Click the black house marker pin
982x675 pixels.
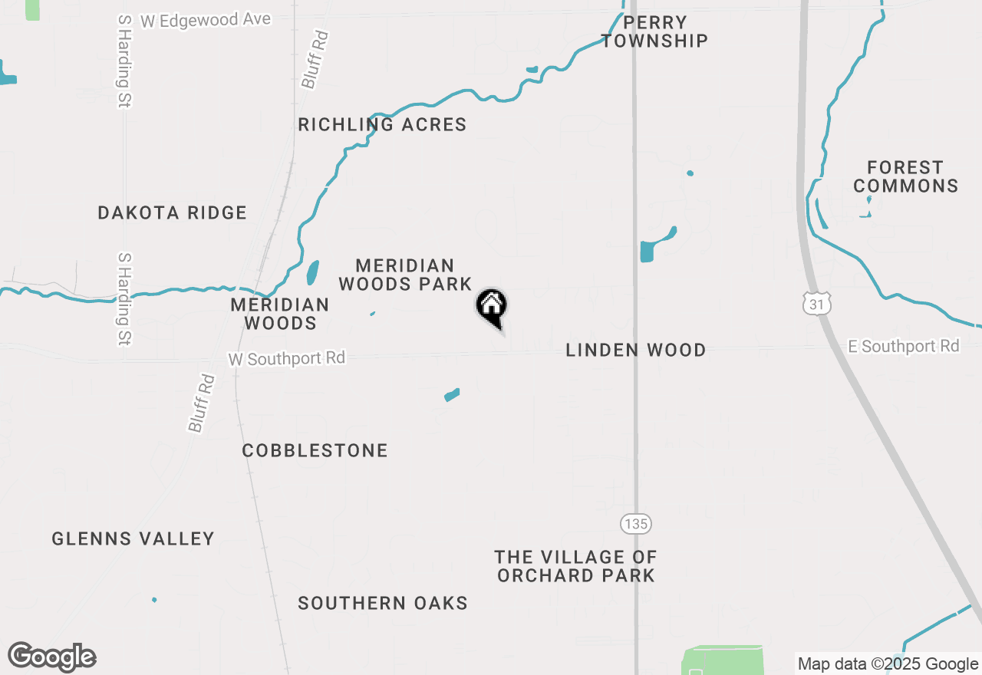492,307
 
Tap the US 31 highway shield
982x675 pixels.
818,304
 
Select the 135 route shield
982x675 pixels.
635,524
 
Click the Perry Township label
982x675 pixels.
654,31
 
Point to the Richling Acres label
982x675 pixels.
382,124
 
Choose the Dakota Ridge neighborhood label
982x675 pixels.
173,212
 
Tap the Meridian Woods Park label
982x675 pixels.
405,275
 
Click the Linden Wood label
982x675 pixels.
635,350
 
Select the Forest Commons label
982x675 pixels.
905,176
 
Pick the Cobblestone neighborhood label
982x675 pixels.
315,450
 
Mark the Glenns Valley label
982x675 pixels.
133,538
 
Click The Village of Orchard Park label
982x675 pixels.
575,566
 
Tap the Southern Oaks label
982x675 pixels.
383,603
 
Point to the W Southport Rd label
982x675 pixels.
287,358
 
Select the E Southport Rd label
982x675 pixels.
904,347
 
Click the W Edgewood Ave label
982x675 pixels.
206,20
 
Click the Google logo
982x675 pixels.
52,657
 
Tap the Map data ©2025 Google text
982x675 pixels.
888,664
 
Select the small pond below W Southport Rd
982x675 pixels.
452,395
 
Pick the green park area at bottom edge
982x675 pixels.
723,660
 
